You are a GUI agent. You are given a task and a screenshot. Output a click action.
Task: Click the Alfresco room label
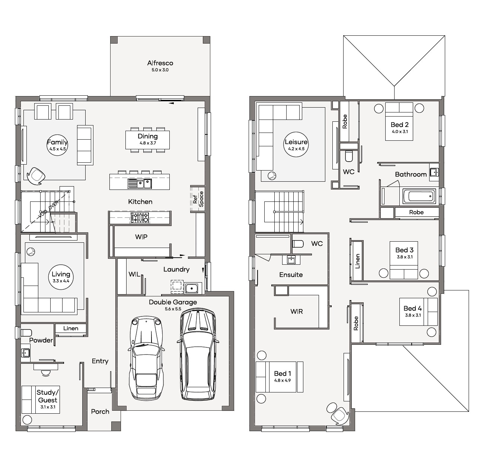[x=160, y=63]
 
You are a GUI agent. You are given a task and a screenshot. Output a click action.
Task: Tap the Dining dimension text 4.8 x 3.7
[x=148, y=143]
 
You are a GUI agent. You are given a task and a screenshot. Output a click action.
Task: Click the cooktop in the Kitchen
[x=140, y=218]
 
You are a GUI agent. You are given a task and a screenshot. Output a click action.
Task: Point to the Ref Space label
[x=198, y=199]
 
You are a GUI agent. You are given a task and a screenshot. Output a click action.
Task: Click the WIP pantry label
[x=141, y=237]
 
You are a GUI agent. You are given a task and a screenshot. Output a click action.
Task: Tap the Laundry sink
[x=192, y=288]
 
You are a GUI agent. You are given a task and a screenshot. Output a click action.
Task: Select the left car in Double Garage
[x=146, y=357]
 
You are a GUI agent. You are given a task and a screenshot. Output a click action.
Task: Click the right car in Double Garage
[x=198, y=354]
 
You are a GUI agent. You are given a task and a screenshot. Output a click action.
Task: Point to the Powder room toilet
[x=26, y=332]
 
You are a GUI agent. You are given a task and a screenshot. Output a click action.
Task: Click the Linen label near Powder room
[x=71, y=328]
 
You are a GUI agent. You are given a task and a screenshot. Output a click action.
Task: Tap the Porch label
[x=100, y=411]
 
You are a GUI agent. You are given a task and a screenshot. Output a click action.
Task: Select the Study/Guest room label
[x=48, y=396]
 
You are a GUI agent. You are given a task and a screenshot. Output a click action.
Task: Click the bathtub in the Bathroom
[x=419, y=196]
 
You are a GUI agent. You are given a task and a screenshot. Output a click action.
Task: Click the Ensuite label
[x=291, y=275]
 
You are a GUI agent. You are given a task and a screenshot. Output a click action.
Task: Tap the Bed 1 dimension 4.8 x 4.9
[x=283, y=381]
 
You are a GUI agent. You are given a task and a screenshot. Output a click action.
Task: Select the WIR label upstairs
[x=297, y=311]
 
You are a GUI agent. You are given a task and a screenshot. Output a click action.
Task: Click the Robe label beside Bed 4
[x=356, y=323]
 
